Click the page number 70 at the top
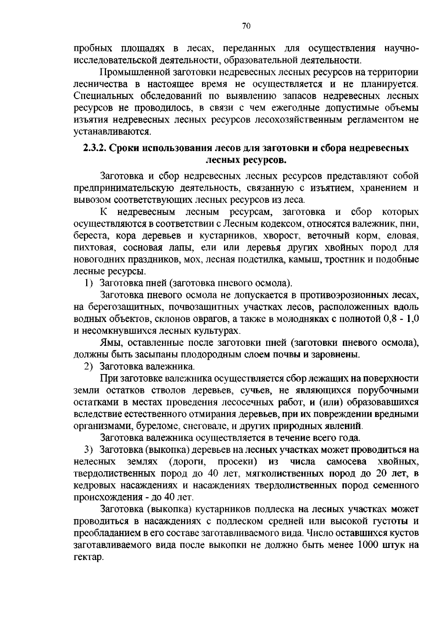coord(246,26)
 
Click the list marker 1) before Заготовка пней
coord(90,283)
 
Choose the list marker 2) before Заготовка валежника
coord(90,367)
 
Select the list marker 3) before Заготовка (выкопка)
coord(90,450)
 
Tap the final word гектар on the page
coord(87,557)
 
